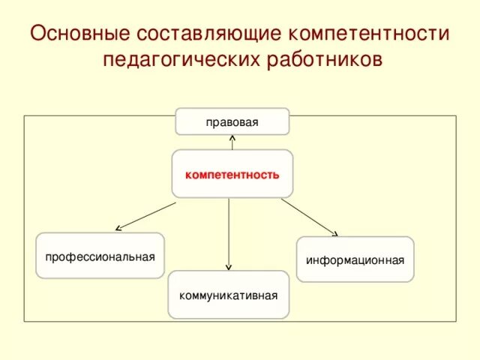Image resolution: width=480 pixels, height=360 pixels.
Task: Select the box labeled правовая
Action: pyautogui.click(x=232, y=121)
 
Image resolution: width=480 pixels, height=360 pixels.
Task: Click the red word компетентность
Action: pyautogui.click(x=232, y=175)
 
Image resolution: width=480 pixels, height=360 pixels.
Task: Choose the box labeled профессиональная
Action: pyautogui.click(x=100, y=256)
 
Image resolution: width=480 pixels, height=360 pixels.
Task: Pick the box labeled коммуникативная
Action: pyautogui.click(x=228, y=294)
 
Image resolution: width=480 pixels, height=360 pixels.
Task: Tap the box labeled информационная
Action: pyautogui.click(x=355, y=259)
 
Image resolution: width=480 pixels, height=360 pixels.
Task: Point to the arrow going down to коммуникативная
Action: pyautogui.click(x=229, y=232)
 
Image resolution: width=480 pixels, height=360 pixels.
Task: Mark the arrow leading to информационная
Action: pyautogui.click(x=309, y=217)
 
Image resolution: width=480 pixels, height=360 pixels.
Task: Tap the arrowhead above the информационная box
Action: pyautogui.click(x=335, y=233)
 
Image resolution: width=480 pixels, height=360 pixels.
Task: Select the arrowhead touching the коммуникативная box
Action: pyautogui.click(x=229, y=267)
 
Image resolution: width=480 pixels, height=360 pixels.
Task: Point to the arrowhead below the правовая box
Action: pyautogui.click(x=232, y=137)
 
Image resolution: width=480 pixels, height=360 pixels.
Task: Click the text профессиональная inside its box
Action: pyautogui.click(x=100, y=256)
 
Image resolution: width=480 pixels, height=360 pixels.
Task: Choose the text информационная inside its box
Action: pyautogui.click(x=355, y=260)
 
